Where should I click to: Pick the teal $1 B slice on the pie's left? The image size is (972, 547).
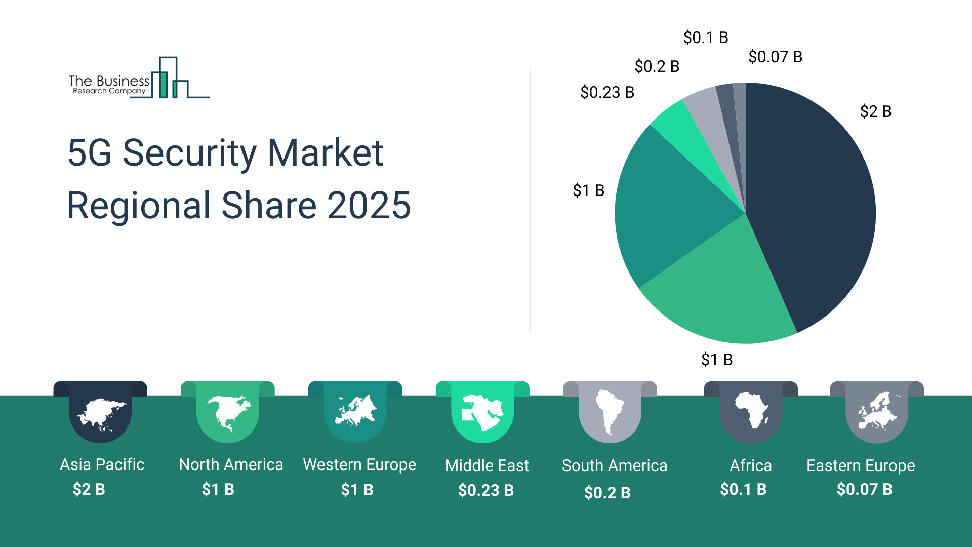point(668,213)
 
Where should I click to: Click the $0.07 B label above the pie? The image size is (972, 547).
point(775,57)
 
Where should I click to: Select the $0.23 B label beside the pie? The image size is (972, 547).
point(607,92)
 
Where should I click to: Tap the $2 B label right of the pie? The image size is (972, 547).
point(875,111)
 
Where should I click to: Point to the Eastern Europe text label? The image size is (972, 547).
point(861,465)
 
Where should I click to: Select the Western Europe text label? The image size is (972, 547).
point(359,464)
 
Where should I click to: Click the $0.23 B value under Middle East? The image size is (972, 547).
point(486,490)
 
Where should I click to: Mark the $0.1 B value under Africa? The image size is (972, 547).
point(743,489)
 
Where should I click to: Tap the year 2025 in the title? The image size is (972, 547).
point(369,206)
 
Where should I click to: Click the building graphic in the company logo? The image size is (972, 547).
point(172,79)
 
